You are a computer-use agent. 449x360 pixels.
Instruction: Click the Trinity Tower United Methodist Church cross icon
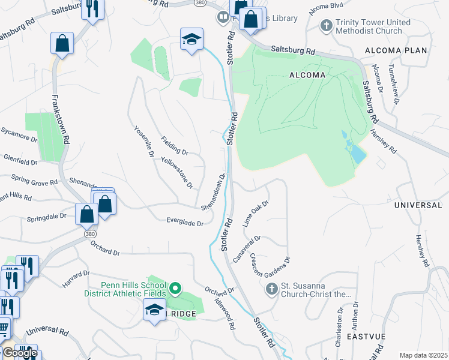326,26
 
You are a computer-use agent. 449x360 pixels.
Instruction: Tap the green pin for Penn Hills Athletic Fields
175,289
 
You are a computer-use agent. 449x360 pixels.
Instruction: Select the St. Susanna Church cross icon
271,290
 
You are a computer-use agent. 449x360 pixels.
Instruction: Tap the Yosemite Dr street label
143,143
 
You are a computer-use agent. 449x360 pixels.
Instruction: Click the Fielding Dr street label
175,146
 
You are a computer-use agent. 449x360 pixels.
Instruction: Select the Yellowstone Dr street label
177,173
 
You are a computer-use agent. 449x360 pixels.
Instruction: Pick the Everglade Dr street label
185,223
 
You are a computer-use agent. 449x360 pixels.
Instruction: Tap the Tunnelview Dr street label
393,85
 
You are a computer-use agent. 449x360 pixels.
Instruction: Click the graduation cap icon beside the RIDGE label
154,310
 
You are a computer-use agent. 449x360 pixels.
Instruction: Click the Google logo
19,353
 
